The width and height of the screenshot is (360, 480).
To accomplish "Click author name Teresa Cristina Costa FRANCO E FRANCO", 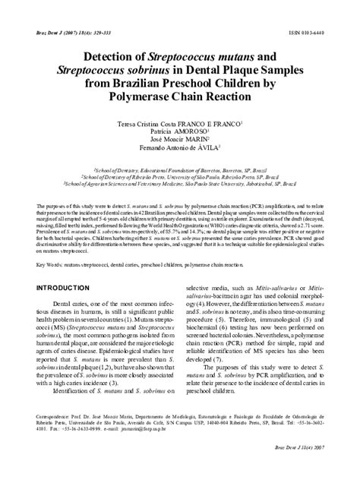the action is tap(178, 123).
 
